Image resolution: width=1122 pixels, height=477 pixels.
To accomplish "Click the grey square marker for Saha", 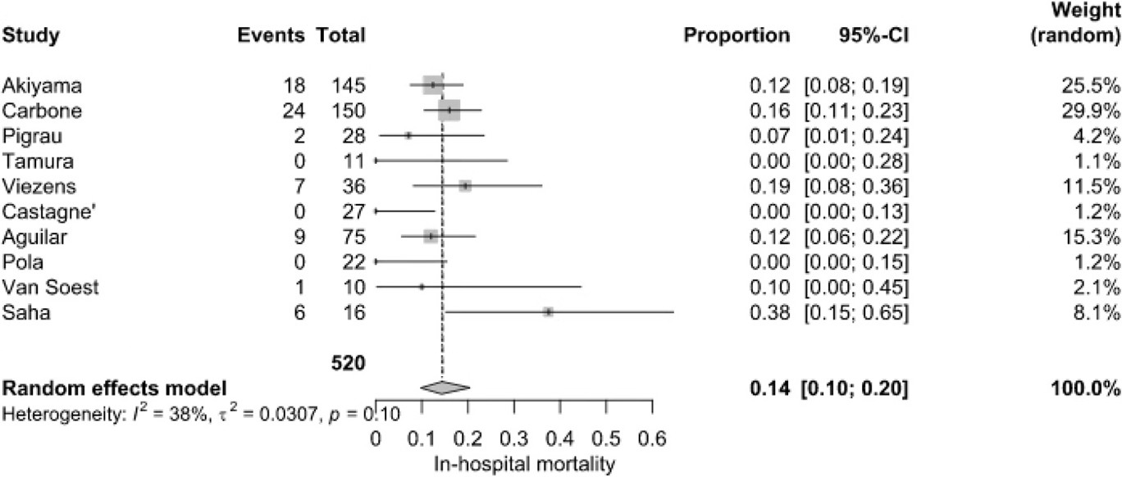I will [x=548, y=311].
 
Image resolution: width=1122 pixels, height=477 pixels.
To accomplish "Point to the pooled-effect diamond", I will [x=445, y=388].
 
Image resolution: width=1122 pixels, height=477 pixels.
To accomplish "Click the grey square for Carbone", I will [x=449, y=110].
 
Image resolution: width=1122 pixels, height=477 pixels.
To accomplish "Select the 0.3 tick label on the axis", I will [x=513, y=436].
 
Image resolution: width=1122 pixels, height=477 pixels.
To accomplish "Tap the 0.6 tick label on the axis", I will [x=651, y=436].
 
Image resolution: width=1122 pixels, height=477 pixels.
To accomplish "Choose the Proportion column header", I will [x=737, y=36].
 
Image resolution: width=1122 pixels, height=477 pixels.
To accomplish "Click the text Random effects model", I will [x=116, y=388].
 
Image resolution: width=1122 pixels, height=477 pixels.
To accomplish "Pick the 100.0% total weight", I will [x=1088, y=388].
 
